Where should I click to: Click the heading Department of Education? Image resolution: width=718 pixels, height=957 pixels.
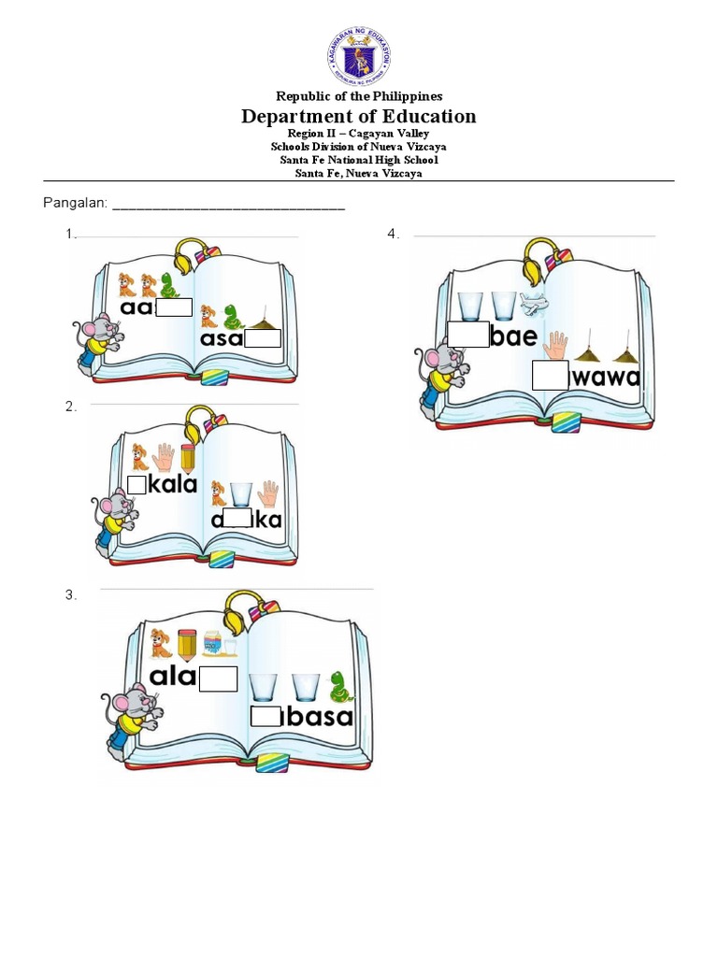point(359,117)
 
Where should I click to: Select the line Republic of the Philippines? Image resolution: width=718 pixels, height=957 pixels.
point(359,96)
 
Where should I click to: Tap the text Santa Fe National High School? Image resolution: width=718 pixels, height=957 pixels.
point(359,160)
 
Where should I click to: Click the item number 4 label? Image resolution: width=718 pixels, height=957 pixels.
point(393,234)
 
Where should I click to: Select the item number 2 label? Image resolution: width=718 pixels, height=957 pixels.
point(70,407)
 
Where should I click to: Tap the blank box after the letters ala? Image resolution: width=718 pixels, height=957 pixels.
point(218,678)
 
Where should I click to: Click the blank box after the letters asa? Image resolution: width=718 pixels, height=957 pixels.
point(263,338)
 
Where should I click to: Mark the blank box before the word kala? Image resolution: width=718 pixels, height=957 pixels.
point(136,484)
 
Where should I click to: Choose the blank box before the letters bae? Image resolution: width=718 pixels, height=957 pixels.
point(467,335)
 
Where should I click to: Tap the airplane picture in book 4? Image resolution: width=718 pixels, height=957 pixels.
point(536,304)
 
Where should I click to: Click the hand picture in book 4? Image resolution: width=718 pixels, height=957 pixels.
point(557,346)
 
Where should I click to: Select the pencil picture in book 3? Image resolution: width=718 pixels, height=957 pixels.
point(186,644)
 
